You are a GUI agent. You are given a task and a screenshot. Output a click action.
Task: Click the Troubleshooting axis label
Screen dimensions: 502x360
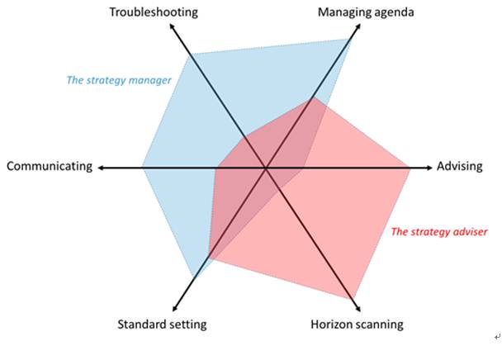154,12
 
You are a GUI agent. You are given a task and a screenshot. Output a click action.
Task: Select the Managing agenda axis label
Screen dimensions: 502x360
366,12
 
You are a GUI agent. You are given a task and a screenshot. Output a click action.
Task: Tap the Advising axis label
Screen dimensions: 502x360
459,167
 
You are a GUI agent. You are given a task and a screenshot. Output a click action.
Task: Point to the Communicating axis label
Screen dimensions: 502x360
50,167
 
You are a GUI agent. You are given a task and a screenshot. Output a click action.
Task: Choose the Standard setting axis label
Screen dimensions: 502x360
163,324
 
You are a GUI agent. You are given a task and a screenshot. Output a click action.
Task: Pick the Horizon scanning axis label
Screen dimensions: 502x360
358,324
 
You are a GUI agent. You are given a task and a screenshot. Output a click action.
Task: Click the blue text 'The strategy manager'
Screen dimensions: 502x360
119,81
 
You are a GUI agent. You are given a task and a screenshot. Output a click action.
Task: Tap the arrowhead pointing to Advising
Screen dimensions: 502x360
429,168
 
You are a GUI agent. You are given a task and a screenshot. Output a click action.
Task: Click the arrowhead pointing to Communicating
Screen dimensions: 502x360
101,168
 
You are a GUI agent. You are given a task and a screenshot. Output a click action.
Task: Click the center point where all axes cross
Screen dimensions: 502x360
266,168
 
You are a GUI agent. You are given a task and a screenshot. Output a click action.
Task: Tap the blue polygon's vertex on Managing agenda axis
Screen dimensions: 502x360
352,38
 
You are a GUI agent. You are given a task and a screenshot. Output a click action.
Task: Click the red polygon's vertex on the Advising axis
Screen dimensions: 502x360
410,168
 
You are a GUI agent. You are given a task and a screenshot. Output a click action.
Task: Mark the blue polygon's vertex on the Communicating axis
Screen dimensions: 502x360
143,168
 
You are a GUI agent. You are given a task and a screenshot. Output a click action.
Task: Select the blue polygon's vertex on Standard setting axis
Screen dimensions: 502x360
193,277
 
